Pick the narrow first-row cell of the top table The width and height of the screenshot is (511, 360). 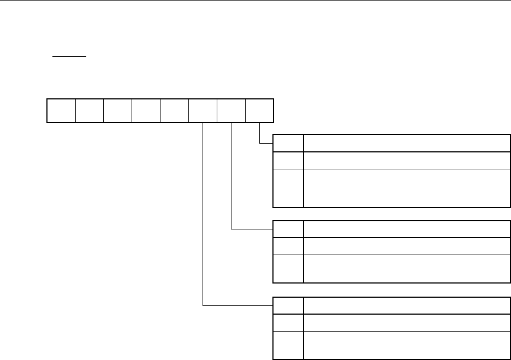click(x=288, y=143)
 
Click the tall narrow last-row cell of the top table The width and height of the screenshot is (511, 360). click(x=288, y=188)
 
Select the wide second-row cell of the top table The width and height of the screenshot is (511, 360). click(x=403, y=160)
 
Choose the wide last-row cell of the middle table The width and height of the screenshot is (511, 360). click(x=403, y=268)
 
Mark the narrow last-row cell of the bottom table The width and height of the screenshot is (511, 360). click(x=288, y=345)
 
